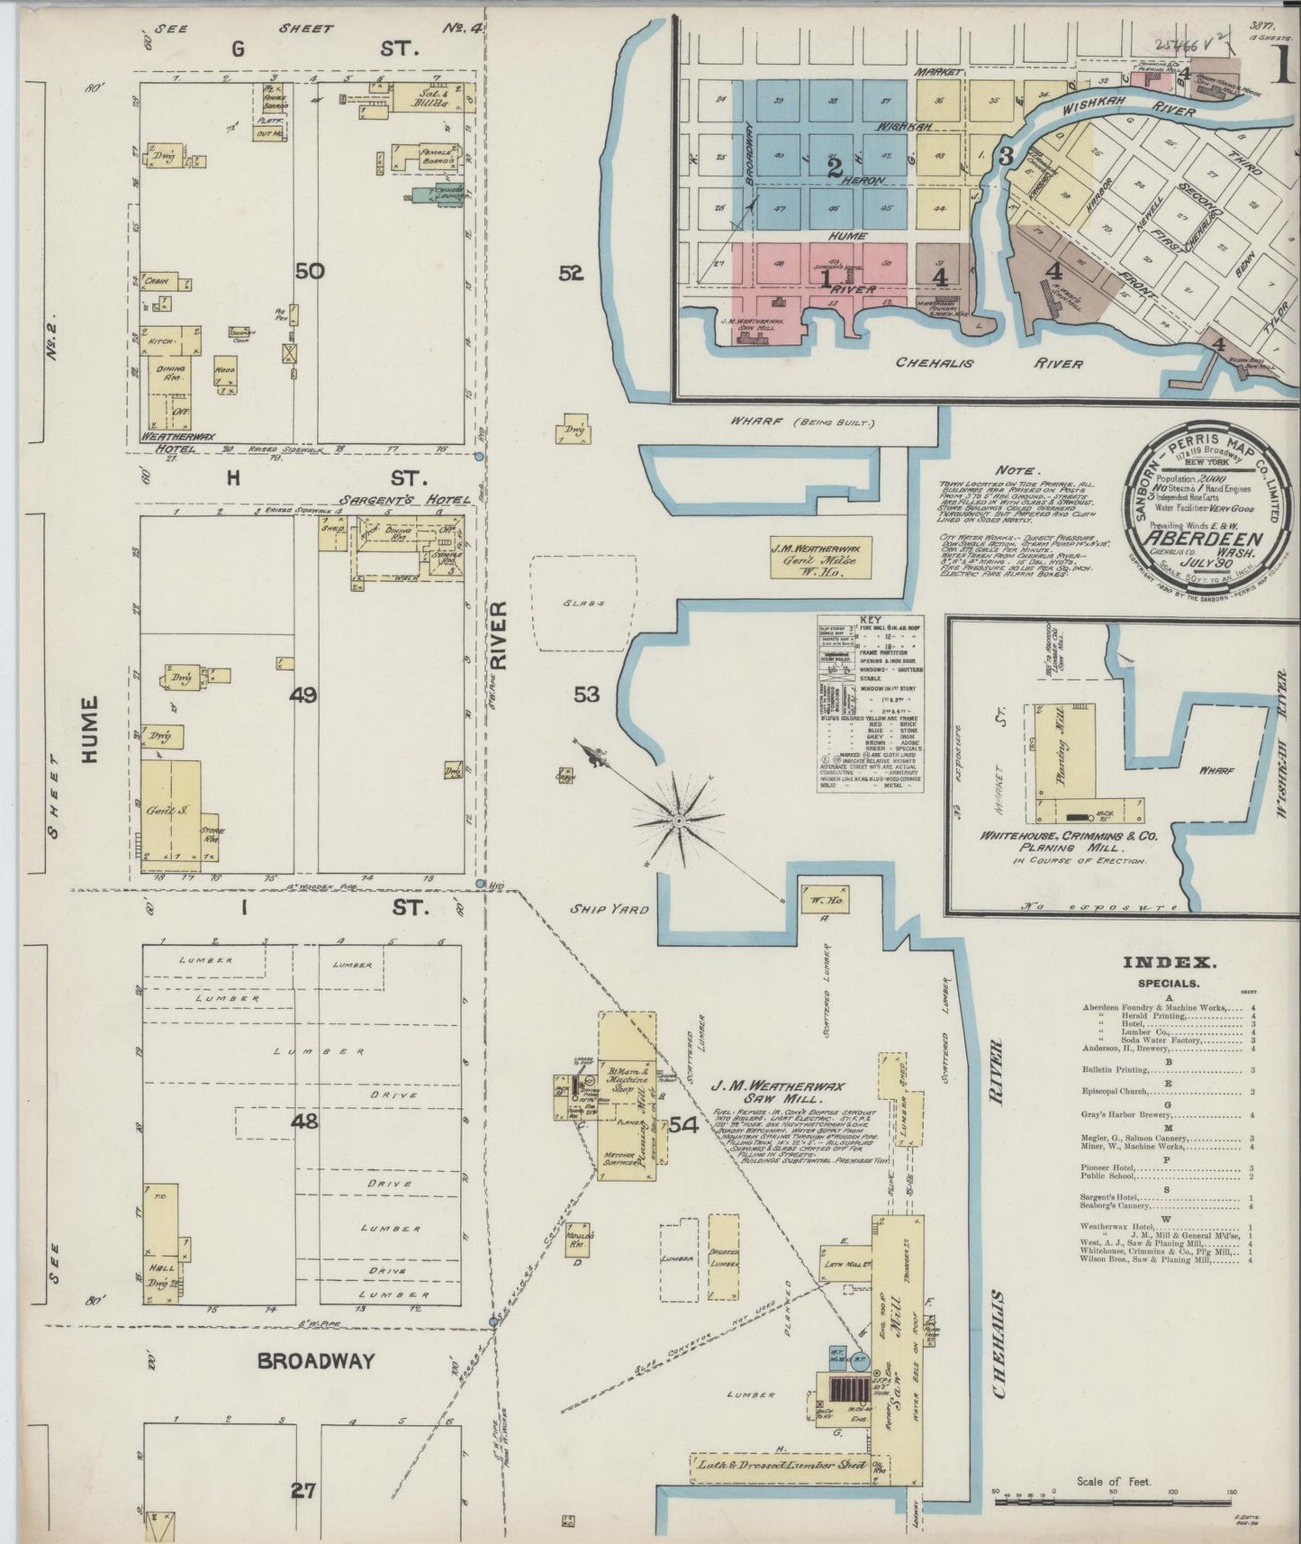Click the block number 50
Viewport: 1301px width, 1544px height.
(x=310, y=270)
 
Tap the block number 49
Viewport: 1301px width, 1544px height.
(x=304, y=695)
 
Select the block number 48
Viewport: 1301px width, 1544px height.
(x=304, y=1122)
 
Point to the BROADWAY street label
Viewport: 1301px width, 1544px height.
(x=315, y=1361)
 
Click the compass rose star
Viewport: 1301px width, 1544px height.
(x=679, y=821)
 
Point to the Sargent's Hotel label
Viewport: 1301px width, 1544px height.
(x=377, y=500)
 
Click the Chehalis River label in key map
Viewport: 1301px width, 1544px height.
(x=989, y=363)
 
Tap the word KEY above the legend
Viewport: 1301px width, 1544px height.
(x=871, y=621)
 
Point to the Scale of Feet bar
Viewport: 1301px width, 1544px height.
(x=1113, y=1502)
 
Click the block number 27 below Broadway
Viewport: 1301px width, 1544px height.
(x=303, y=1491)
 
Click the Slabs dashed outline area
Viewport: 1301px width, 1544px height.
(x=583, y=603)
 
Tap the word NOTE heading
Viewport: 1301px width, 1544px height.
(x=1016, y=470)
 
